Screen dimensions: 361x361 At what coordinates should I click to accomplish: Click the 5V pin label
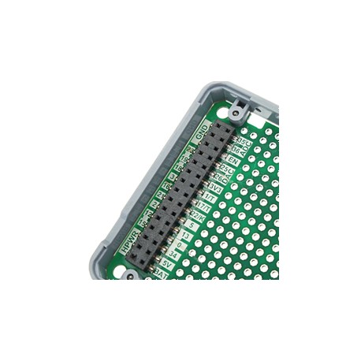click(x=168, y=263)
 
